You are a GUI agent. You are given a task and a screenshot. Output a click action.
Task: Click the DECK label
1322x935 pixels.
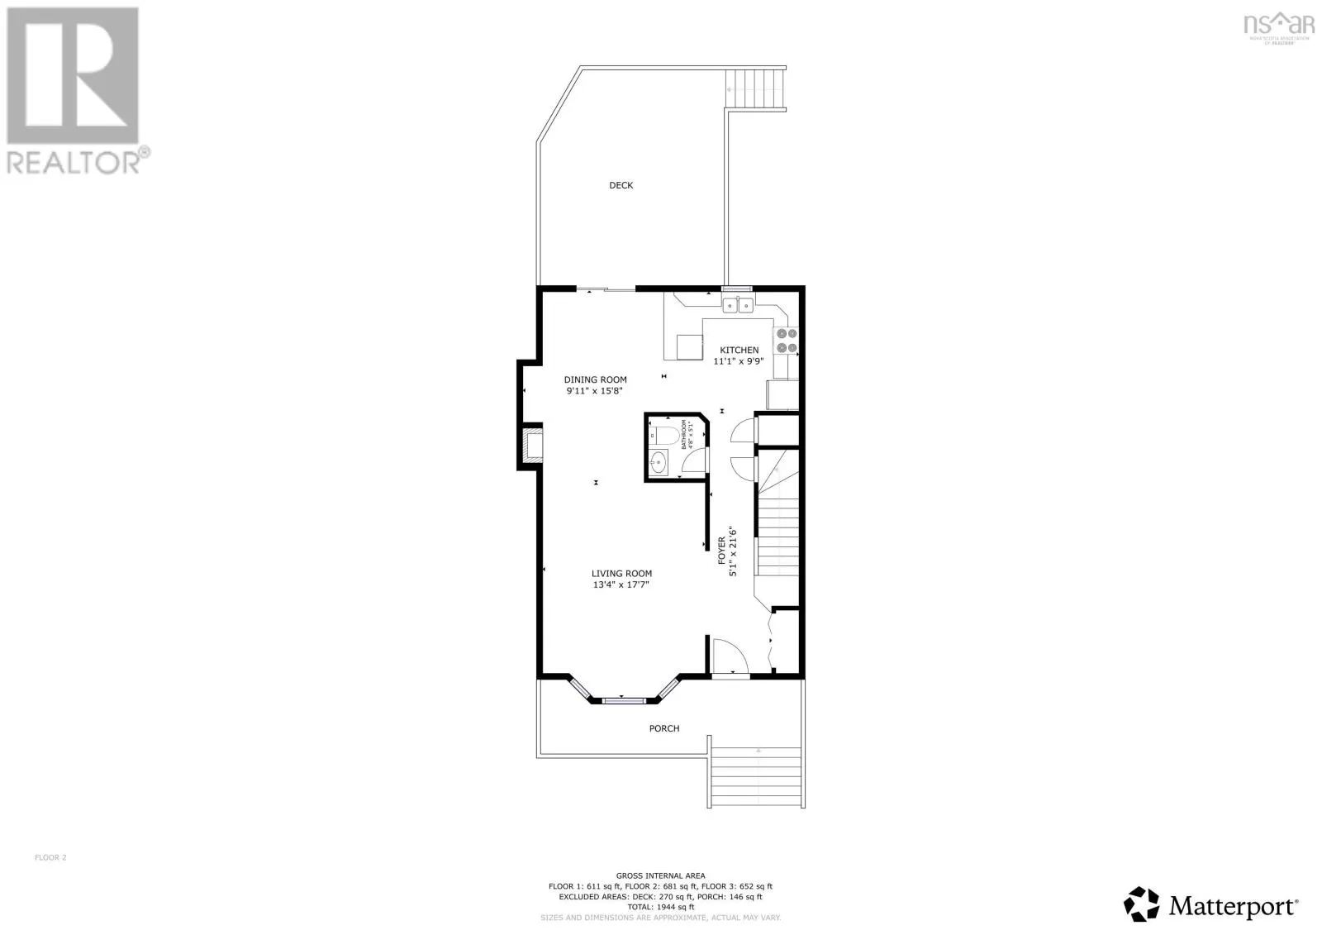621,185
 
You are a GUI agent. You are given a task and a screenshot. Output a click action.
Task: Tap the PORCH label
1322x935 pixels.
664,728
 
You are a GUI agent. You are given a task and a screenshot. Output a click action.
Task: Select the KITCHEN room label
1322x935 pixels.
739,350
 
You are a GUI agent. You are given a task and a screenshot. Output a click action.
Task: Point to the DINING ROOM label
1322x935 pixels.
595,379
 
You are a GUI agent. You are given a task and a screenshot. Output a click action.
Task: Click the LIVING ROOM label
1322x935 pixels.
621,573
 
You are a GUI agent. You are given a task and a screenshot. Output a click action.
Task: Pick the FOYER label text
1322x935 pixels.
721,551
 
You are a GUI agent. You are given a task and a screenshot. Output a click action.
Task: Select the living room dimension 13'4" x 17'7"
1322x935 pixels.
621,584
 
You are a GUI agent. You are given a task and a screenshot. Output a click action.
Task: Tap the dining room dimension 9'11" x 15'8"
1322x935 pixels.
593,390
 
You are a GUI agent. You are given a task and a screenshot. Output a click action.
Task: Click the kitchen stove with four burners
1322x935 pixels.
785,341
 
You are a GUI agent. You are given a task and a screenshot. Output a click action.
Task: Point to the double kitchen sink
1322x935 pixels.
737,306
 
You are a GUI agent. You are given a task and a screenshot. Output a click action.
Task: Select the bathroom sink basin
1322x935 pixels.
659,463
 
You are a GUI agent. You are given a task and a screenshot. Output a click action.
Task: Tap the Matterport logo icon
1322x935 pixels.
1143,904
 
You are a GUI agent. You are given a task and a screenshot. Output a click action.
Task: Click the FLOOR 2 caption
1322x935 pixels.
50,857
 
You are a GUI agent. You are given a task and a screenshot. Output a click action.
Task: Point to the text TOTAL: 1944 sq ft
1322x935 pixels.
660,907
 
